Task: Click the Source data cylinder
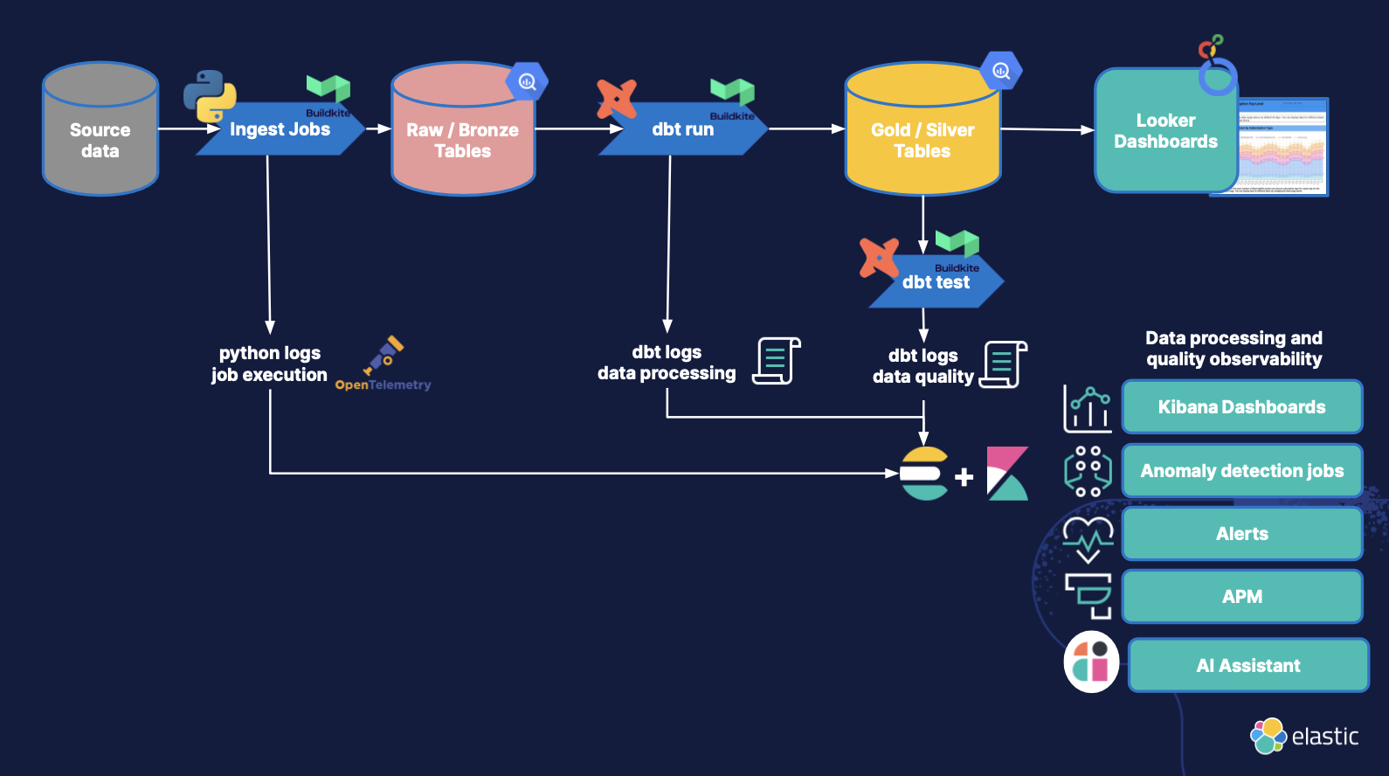100,131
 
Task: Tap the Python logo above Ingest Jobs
210,95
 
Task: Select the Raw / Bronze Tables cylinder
463,135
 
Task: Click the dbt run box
683,130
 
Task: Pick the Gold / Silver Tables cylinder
923,135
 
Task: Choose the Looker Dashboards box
1165,131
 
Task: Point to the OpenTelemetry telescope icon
384,355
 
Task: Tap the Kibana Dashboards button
1241,407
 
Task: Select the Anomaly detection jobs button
1241,471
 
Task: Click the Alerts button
1241,534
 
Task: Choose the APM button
1241,597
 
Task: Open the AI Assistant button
1247,666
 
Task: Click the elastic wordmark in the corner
1324,737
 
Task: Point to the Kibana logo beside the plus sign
1007,474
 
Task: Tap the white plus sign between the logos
964,477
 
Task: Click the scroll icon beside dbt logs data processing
777,361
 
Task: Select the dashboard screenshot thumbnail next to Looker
1282,147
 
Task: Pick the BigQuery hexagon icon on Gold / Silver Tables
1001,71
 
